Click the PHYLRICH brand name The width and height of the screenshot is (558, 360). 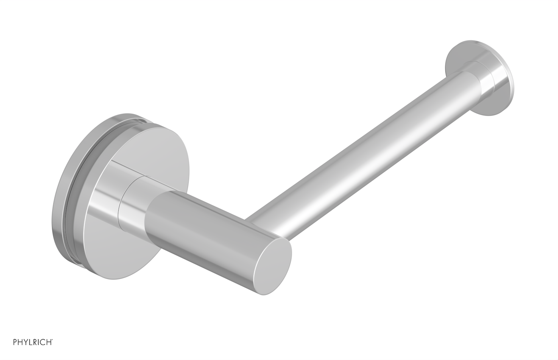(x=32, y=342)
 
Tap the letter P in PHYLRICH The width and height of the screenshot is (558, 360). (x=15, y=342)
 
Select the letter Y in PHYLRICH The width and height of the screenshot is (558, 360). (x=26, y=342)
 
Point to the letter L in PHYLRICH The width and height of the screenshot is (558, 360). (x=31, y=342)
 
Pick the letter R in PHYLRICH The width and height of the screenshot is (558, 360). (x=35, y=342)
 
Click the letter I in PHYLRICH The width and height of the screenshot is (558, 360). (x=38, y=342)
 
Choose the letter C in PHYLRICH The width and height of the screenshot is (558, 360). (x=43, y=342)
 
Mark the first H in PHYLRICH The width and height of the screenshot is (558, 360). (x=20, y=342)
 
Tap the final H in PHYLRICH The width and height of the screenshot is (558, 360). (x=49, y=342)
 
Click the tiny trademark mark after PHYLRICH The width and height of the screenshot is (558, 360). (x=52, y=339)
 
